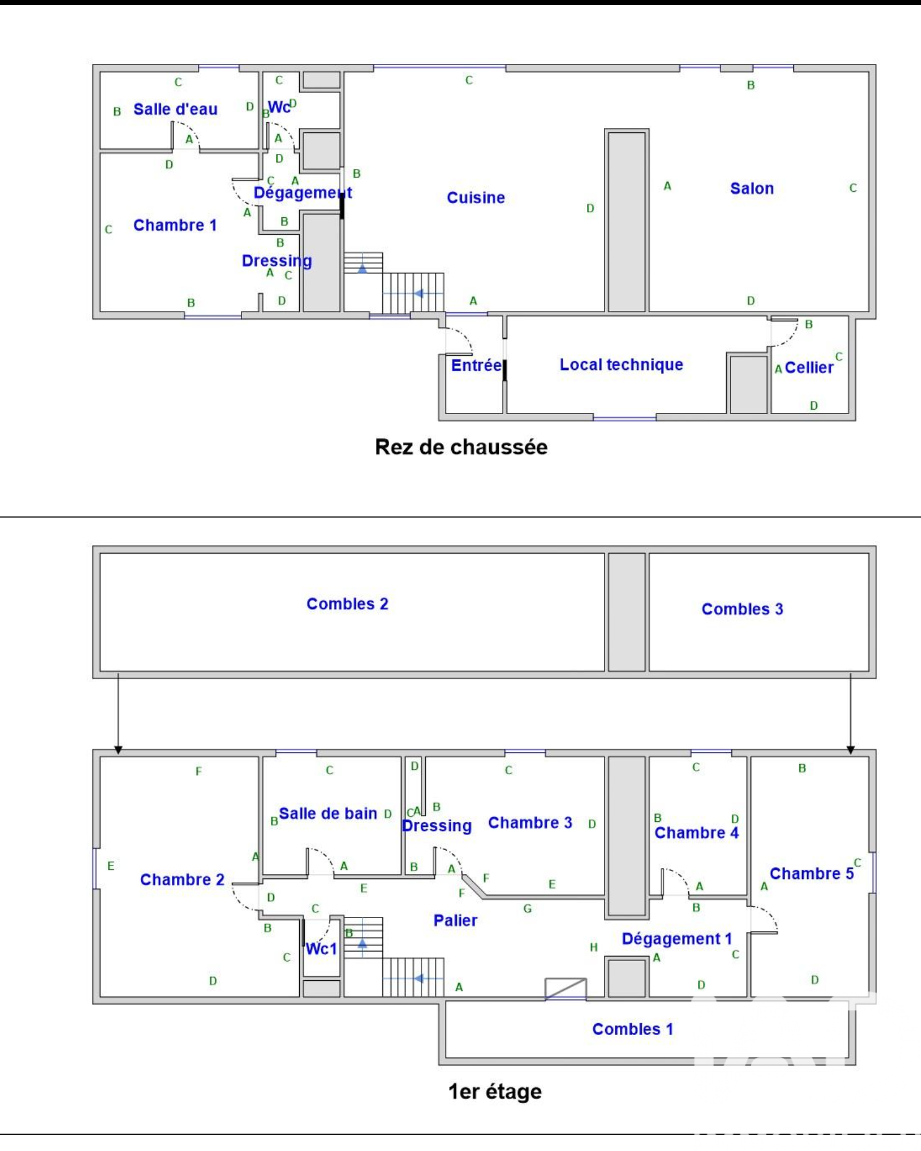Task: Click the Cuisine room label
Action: point(476,197)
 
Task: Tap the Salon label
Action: point(752,188)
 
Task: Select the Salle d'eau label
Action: point(176,109)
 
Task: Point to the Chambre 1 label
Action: point(175,225)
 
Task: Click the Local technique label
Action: point(621,364)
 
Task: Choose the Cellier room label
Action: point(809,368)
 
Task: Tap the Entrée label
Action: point(476,365)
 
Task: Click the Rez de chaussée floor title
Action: point(461,447)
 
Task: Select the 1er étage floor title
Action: point(495,1091)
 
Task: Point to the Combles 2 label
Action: point(348,604)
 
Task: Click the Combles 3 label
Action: point(742,609)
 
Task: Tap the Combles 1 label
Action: point(632,1029)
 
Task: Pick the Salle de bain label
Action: point(328,813)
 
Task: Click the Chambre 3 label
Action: point(530,823)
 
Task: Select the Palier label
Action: point(456,921)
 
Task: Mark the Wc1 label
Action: point(321,949)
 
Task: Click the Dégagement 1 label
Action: point(677,939)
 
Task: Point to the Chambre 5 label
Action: point(812,873)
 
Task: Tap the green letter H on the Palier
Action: point(594,947)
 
